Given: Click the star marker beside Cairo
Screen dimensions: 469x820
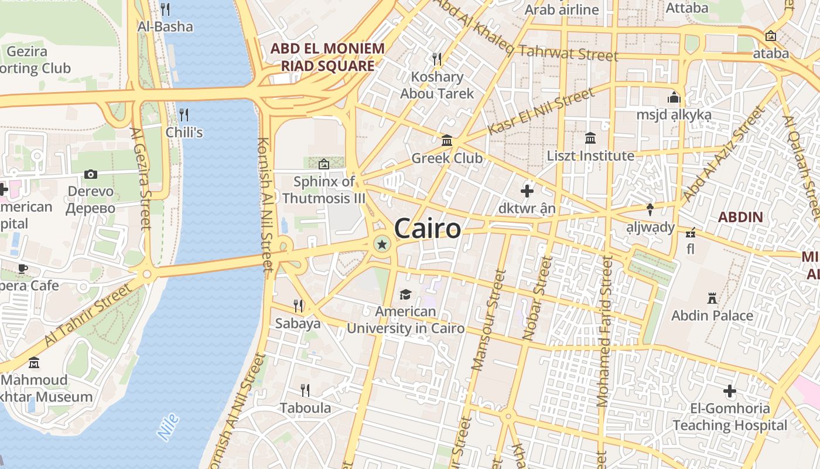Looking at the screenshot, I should (382, 244).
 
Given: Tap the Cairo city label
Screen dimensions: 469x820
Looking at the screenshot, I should (428, 228).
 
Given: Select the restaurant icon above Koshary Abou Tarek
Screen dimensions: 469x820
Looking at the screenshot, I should (436, 59).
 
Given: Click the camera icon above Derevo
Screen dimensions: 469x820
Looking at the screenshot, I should (90, 174).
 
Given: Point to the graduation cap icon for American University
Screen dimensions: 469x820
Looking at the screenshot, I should (405, 294).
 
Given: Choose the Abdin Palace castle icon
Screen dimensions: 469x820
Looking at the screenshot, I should (712, 298).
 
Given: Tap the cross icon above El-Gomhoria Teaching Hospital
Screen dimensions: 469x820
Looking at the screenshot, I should (729, 390).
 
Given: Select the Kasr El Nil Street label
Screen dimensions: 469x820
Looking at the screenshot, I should (541, 111).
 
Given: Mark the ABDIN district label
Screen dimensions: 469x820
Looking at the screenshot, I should (740, 217).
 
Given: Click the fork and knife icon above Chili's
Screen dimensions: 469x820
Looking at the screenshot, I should (183, 114).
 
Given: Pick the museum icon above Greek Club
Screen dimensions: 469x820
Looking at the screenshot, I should (447, 141).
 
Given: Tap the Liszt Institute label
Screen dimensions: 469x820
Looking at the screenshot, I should (590, 156).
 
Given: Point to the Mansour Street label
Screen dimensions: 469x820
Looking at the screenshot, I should (488, 320).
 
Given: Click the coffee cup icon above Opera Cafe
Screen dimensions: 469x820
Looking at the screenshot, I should (23, 269).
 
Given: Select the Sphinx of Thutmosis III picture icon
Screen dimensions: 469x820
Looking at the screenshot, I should (323, 164).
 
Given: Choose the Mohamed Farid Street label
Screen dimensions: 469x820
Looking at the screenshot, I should (603, 332).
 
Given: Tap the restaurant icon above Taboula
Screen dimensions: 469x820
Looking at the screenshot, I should (305, 390).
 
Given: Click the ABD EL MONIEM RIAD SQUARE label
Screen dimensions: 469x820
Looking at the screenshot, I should (327, 57).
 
